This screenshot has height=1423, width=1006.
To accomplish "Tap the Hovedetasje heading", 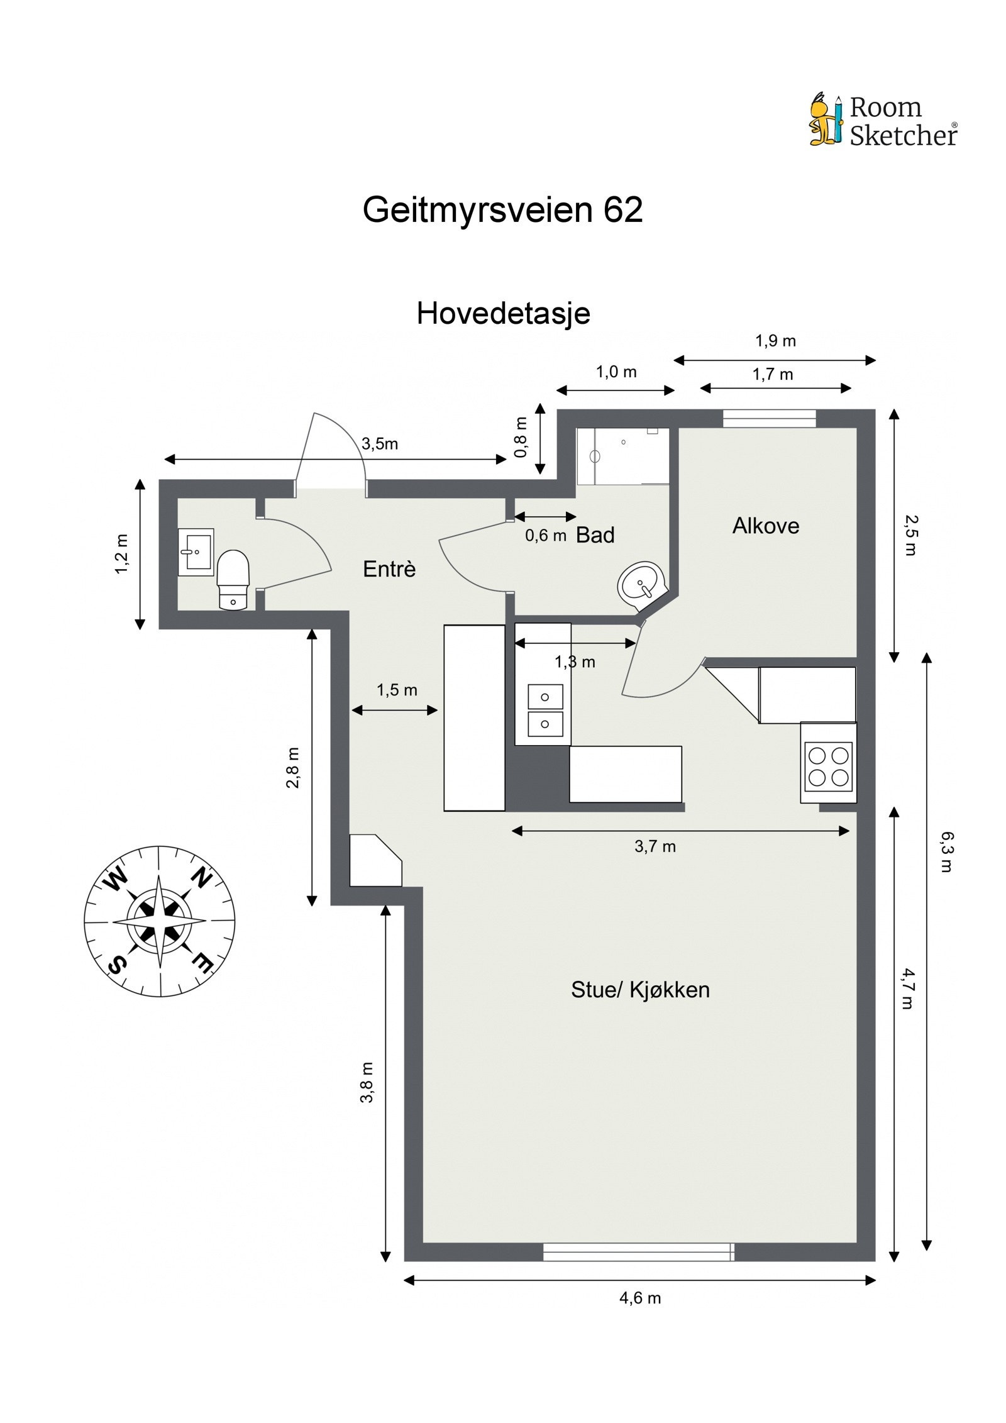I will (503, 313).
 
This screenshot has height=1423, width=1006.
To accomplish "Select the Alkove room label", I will (765, 526).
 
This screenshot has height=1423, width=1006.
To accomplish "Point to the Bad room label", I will (595, 535).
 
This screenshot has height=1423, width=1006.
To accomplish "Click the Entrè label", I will (389, 569).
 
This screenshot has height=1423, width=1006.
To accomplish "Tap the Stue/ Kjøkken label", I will (639, 990).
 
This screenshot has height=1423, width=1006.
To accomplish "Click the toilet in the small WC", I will (233, 579).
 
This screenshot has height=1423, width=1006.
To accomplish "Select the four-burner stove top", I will (828, 765).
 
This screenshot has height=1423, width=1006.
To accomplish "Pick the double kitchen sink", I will (544, 711).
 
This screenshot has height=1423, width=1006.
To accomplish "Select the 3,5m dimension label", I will (379, 444).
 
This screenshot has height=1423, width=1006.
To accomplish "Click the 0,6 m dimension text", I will (546, 535).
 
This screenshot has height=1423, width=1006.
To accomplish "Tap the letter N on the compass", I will (201, 878).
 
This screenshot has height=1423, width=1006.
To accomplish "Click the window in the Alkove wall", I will (768, 418).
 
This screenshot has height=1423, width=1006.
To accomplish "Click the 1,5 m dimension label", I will (397, 690).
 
